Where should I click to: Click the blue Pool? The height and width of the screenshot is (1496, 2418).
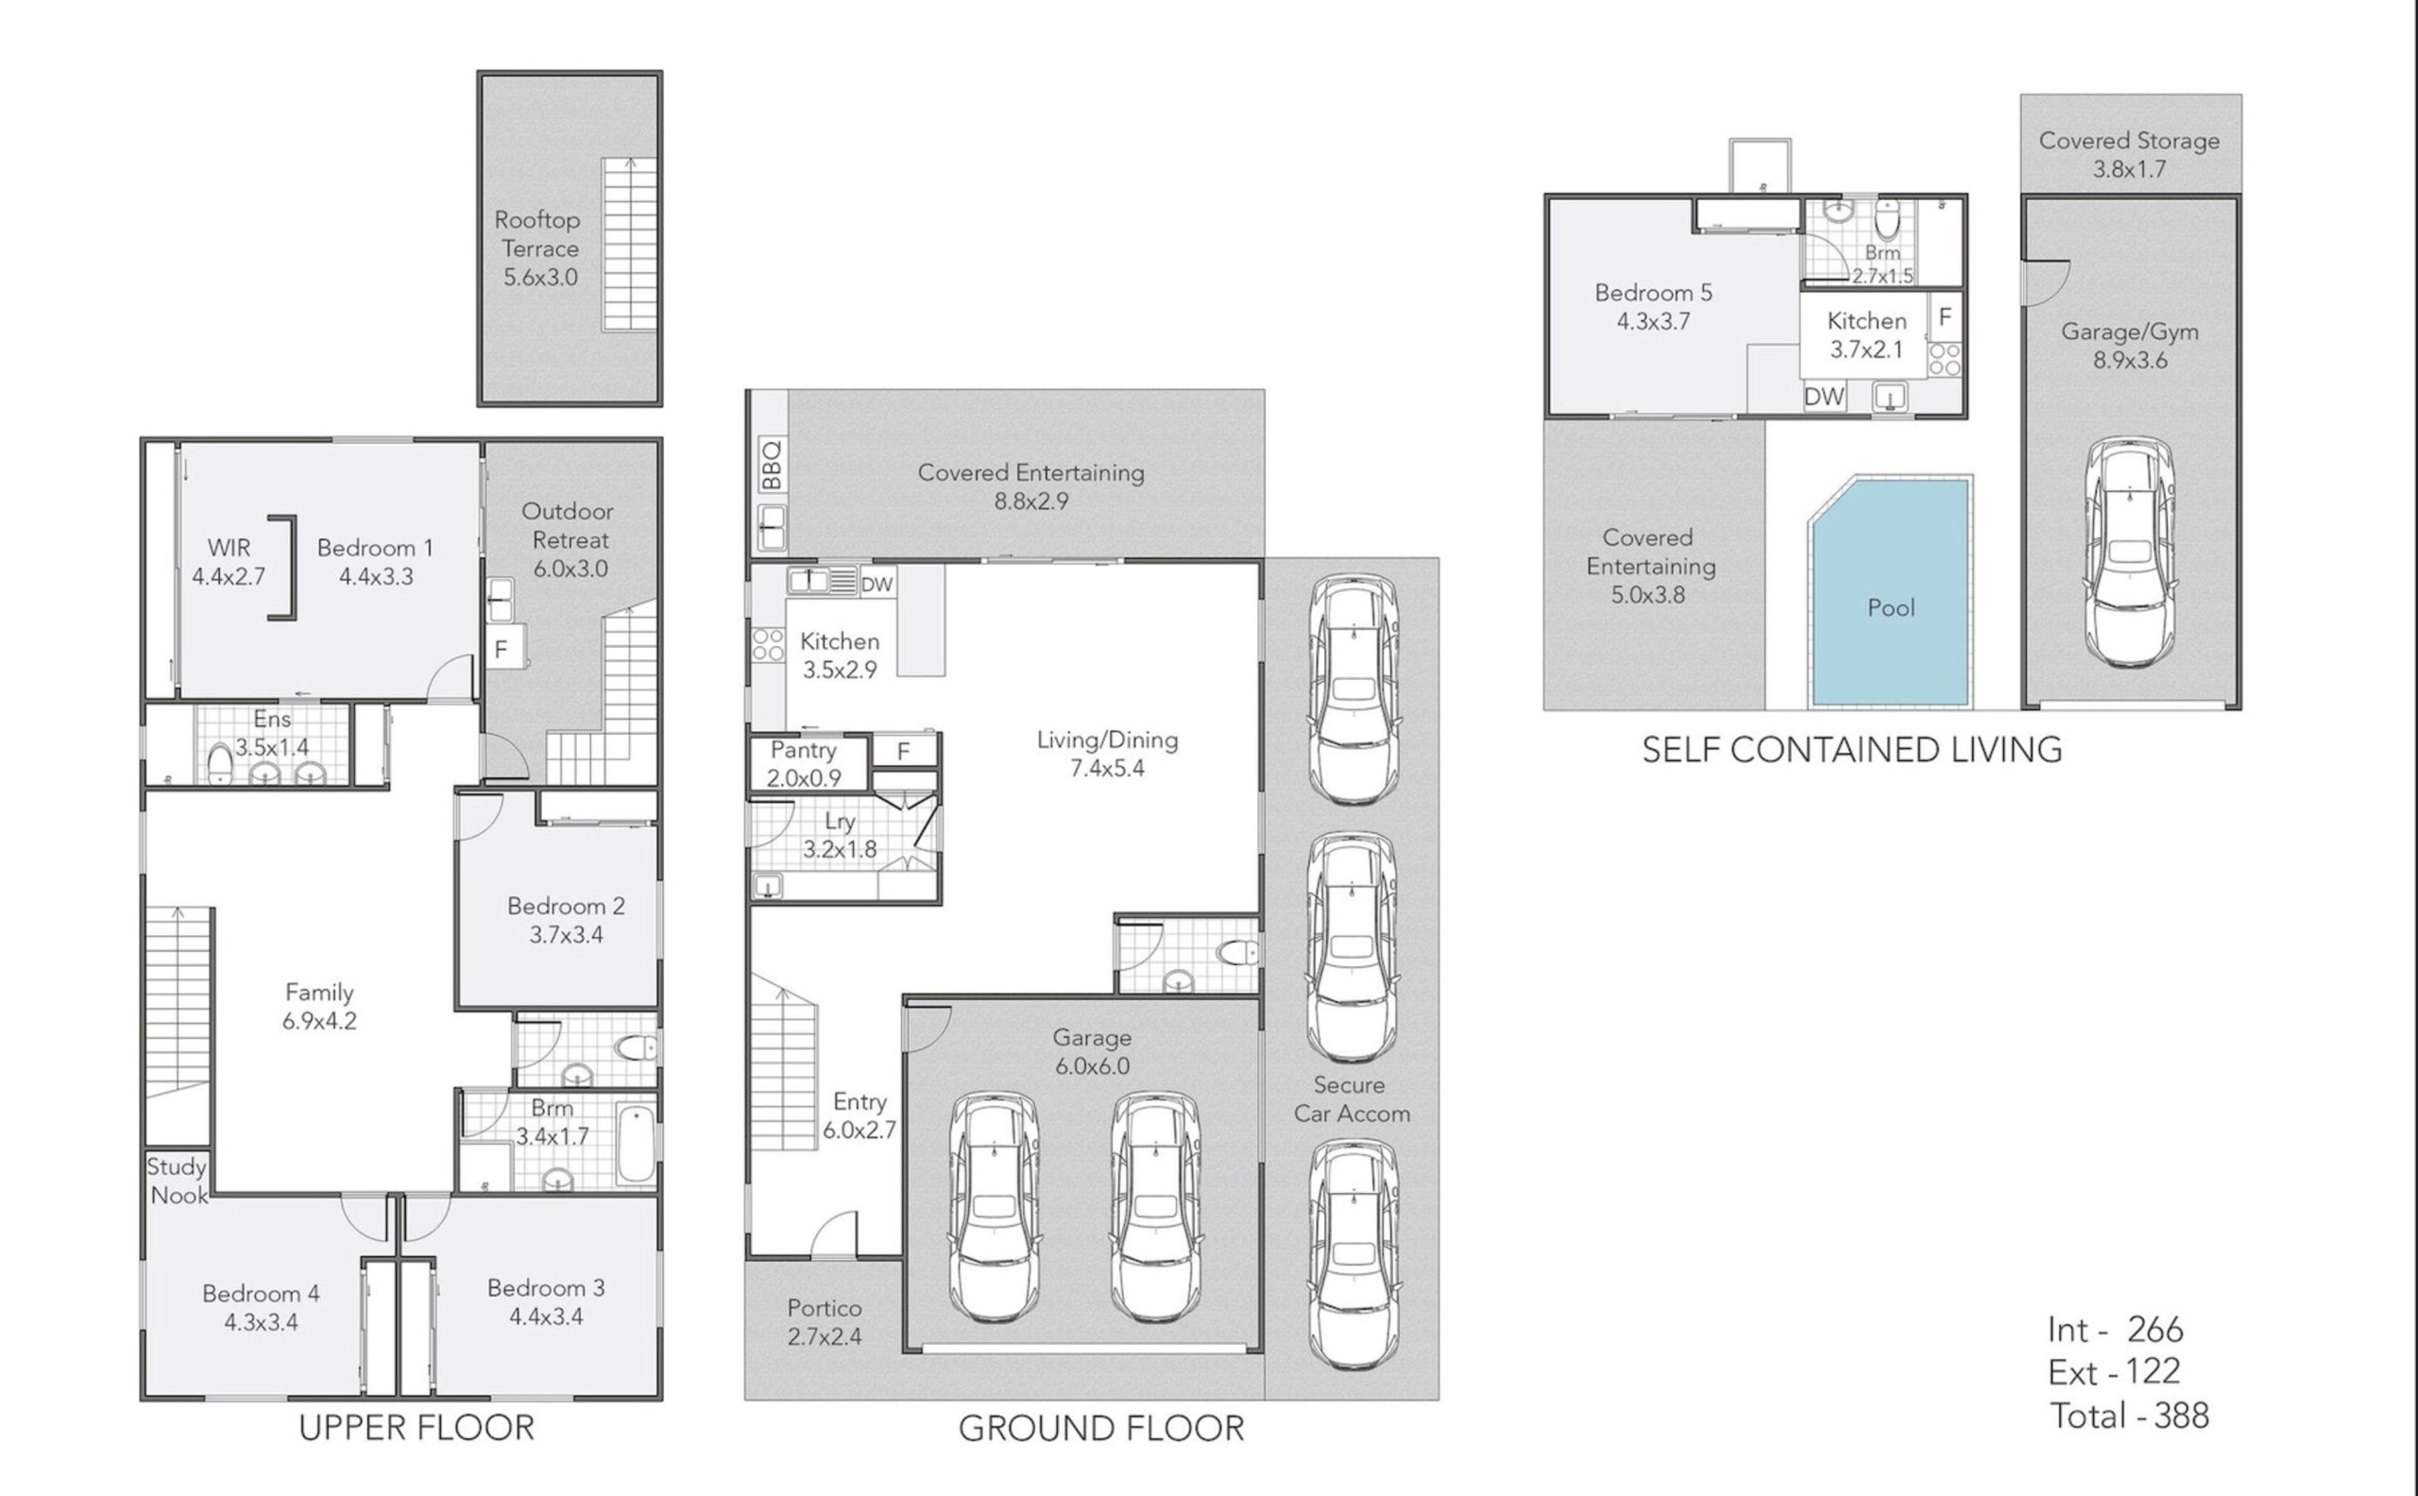pyautogui.click(x=1890, y=594)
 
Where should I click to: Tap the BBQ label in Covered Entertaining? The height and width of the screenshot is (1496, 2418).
pyautogui.click(x=773, y=464)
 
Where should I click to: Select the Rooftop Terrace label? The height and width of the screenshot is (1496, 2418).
pyautogui.click(x=538, y=248)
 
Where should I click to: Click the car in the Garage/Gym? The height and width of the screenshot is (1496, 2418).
pyautogui.click(x=2130, y=552)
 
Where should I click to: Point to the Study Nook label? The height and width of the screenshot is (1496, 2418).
pyautogui.click(x=177, y=1181)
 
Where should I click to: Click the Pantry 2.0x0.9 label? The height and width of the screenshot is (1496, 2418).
pyautogui.click(x=804, y=764)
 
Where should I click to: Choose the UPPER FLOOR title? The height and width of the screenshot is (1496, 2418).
pyautogui.click(x=417, y=1428)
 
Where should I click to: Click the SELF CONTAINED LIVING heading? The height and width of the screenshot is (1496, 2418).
pyautogui.click(x=1852, y=749)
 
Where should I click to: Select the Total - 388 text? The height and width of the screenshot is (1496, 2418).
pyautogui.click(x=2129, y=1416)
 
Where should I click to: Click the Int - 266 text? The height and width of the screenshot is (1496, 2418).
pyautogui.click(x=2115, y=1330)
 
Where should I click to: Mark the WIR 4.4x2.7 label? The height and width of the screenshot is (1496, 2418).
pyautogui.click(x=229, y=562)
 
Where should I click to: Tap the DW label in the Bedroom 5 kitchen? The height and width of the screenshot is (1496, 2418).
pyautogui.click(x=1825, y=397)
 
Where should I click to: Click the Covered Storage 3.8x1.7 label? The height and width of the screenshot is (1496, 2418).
pyautogui.click(x=2129, y=154)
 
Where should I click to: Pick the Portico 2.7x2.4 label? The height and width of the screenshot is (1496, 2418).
pyautogui.click(x=825, y=1323)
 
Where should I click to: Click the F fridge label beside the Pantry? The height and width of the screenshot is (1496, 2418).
pyautogui.click(x=903, y=752)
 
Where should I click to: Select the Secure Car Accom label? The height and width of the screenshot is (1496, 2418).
pyautogui.click(x=1352, y=1099)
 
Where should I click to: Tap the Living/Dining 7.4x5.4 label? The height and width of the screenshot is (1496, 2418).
pyautogui.click(x=1107, y=754)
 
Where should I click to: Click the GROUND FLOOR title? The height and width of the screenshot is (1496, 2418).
pyautogui.click(x=1101, y=1429)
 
